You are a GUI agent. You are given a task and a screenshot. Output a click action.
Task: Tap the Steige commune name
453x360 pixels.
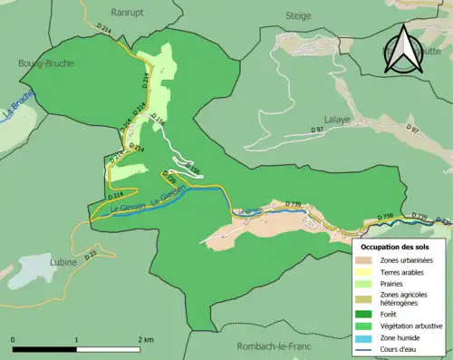298,15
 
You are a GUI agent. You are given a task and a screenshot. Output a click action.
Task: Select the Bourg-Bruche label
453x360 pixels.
46,63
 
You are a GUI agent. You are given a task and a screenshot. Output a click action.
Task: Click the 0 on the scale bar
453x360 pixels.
14,339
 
